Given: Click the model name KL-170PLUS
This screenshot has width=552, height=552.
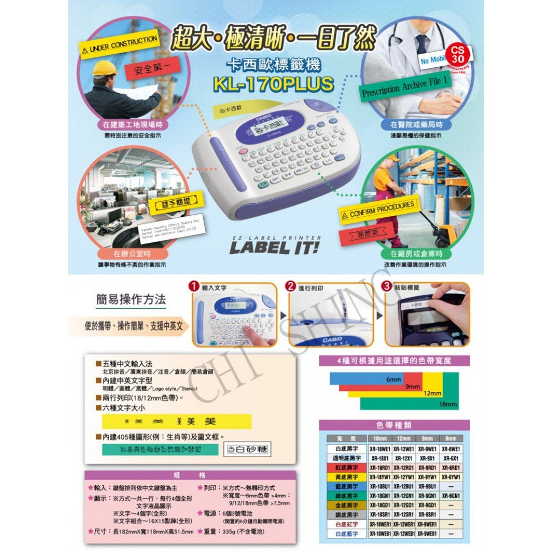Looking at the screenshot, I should pos(273,84).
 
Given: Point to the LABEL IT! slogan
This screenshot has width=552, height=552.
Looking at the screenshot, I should pos(274,247).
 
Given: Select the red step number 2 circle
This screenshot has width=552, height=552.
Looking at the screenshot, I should pos(290,287).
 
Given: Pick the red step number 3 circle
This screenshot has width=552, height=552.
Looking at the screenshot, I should pos(386,287).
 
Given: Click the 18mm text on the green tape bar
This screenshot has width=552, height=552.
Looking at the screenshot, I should pos(448,404).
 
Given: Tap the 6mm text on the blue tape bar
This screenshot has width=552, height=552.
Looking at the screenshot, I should pos(393,380).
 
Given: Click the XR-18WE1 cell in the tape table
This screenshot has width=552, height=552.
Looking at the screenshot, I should pos(380,449).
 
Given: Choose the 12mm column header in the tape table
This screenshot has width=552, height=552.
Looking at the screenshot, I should pos(404,439).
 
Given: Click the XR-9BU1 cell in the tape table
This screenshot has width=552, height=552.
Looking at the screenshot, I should pos(427,486).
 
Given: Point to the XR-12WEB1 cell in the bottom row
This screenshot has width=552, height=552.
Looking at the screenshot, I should pos(404,534).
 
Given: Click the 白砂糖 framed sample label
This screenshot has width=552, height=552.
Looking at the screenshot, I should pos(246,449).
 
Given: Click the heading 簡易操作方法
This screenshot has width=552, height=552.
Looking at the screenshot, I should pos(131,300).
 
